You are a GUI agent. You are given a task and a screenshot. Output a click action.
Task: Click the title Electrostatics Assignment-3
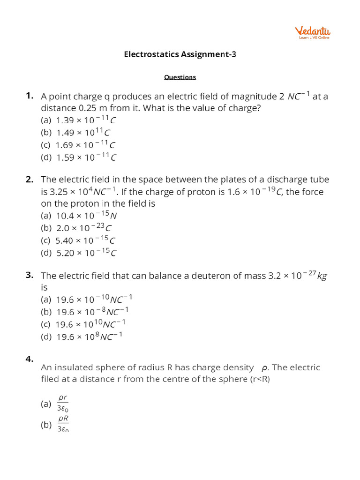pos(180,54)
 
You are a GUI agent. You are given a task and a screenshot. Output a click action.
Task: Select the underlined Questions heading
pos(180,77)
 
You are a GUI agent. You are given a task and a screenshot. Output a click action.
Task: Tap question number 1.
pos(30,96)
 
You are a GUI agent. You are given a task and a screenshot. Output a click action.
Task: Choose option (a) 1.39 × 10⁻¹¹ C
pos(79,120)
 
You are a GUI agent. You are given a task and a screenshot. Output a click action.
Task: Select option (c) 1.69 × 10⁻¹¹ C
pos(79,145)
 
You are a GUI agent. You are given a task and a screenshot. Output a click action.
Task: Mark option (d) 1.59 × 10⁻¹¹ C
pos(79,157)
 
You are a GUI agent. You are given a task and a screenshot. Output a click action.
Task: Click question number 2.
pos(30,180)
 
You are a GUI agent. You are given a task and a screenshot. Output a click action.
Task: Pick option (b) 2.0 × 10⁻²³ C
pos(77,228)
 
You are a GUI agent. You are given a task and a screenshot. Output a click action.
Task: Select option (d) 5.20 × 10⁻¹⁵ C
pos(79,253)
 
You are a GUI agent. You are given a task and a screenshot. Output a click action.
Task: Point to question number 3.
pos(30,275)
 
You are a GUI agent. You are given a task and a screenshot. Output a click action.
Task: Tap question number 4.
pos(30,359)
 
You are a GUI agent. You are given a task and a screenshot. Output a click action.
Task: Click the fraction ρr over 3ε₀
pos(63,403)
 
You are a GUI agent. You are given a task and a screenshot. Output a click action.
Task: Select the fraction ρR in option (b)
pos(63,419)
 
